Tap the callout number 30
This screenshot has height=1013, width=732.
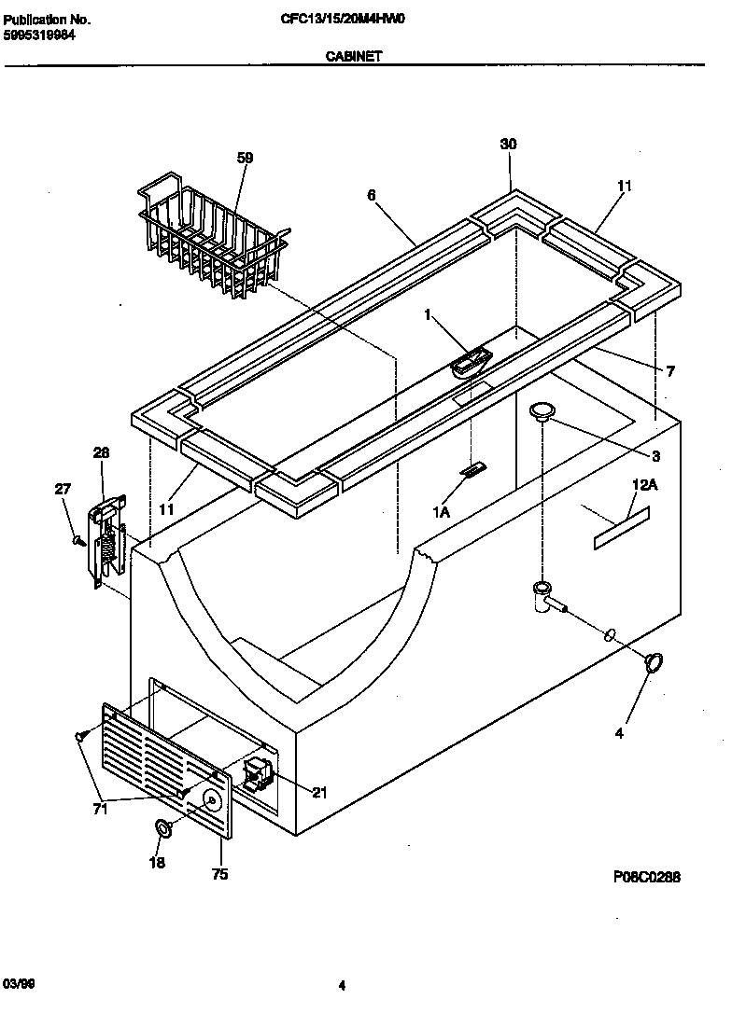coord(508,144)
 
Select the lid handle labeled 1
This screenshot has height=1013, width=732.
coord(472,361)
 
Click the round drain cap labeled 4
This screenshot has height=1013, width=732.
coord(655,661)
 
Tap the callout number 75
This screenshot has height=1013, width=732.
coord(221,875)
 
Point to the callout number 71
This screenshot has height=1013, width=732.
coord(100,809)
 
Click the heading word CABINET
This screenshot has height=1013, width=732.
coord(353,56)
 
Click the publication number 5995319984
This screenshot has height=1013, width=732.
coord(40,35)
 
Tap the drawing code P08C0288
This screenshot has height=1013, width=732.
coord(647,877)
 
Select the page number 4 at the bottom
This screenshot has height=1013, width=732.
coord(342,985)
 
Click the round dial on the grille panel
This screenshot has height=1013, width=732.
coord(211,799)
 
